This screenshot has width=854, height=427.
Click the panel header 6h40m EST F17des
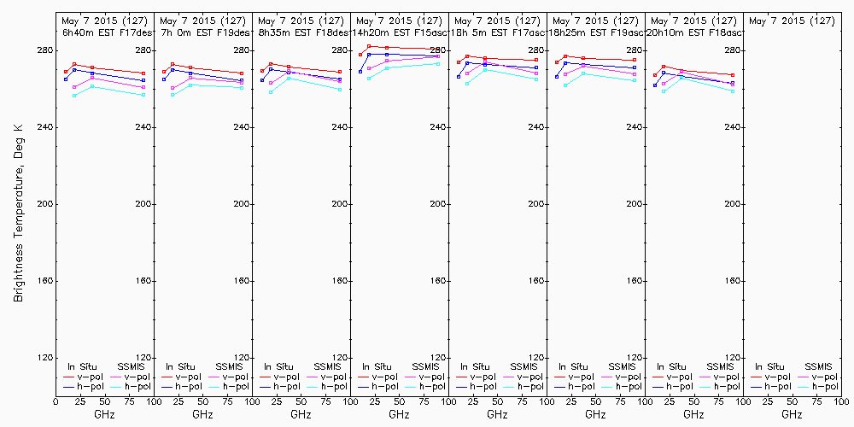105,32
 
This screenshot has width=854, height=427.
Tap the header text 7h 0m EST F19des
203,32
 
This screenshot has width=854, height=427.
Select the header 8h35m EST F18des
301,32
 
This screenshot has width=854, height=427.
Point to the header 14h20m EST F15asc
400,32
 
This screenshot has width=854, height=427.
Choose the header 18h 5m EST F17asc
498,32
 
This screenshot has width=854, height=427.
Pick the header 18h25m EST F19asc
596,32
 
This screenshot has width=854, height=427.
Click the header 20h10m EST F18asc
694,32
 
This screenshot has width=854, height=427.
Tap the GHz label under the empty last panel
792,414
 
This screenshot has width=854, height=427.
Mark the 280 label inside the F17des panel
143,50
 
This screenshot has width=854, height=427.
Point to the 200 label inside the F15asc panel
437,204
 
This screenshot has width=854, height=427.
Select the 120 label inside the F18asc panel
732,358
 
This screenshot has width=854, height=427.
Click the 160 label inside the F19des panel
241,281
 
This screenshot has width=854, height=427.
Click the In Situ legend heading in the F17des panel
83,366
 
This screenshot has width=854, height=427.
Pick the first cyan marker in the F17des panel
74,95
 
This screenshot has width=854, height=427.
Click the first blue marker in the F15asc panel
360,71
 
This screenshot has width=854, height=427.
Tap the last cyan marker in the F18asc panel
733,91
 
